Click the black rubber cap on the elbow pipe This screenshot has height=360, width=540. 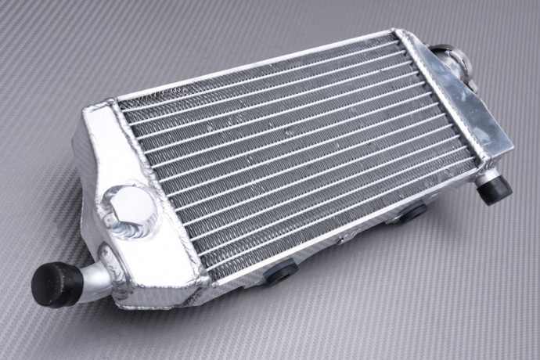click(56, 286)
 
